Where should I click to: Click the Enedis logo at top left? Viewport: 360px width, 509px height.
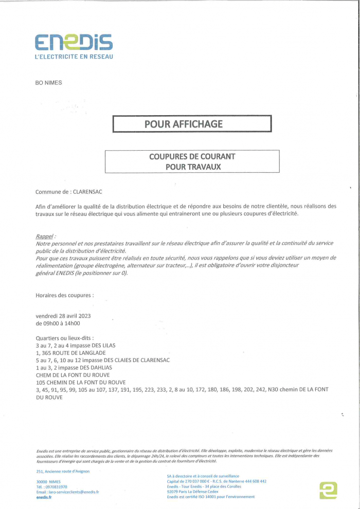point(74,42)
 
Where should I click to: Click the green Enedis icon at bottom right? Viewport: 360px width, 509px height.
point(328,490)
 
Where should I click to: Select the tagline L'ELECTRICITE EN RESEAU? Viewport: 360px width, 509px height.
point(74,57)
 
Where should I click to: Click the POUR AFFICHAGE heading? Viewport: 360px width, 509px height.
point(191,124)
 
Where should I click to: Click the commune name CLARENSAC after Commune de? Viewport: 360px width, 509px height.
point(88,192)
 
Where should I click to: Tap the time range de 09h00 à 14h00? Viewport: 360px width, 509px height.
point(58,324)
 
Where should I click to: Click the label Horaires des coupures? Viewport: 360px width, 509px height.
point(64,296)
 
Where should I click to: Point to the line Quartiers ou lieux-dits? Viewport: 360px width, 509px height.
point(65,338)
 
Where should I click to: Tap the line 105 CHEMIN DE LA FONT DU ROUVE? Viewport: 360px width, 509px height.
point(81,383)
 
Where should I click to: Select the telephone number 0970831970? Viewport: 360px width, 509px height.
point(57,486)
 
